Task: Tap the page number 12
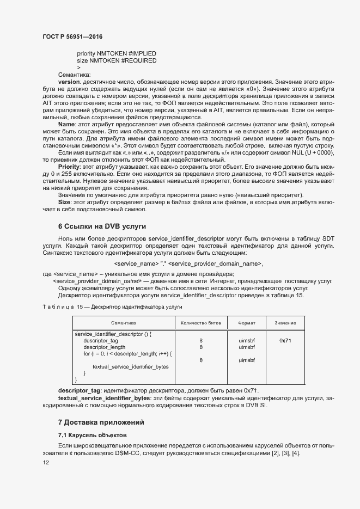coord(46,463)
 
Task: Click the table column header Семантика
coord(123,323)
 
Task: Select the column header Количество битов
coord(201,323)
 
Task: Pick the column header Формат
coord(247,323)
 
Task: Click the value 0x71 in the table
coord(285,340)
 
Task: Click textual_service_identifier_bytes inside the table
coord(131,366)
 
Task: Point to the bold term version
coord(69,82)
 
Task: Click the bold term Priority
coord(69,167)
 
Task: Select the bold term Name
coord(66,124)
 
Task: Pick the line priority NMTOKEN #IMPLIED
coord(117,53)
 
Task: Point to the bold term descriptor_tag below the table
coord(80,391)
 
